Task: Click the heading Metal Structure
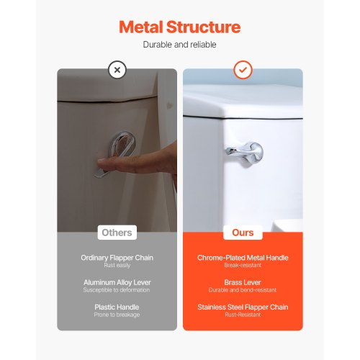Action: [179, 28]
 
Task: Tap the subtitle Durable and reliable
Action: [179, 45]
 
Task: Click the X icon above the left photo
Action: [117, 70]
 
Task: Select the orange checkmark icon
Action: [243, 70]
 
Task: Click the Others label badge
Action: [117, 233]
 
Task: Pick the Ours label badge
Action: [243, 233]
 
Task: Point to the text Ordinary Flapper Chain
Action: [117, 257]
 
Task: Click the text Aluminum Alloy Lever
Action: [117, 282]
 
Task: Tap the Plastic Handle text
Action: [117, 307]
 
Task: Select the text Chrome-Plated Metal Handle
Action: [243, 257]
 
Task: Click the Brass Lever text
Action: [243, 282]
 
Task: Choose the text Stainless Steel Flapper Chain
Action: [243, 307]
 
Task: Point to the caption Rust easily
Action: [117, 265]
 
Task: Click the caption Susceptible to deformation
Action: [117, 290]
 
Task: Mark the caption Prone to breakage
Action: [117, 315]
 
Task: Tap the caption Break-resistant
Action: [243, 265]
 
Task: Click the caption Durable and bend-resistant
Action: [243, 290]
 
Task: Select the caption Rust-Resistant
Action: [243, 315]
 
